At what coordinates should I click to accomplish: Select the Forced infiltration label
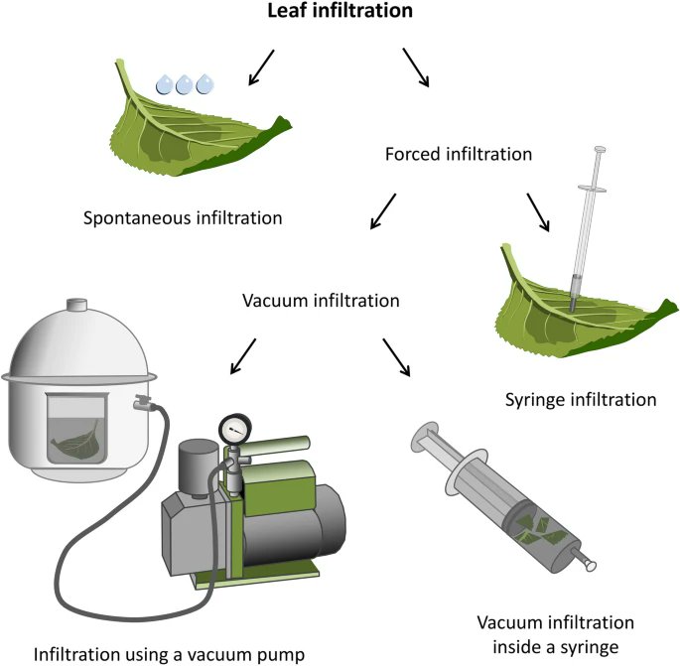click(x=458, y=155)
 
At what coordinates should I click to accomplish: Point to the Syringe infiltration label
click(x=580, y=400)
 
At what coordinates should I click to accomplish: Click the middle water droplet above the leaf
click(x=184, y=84)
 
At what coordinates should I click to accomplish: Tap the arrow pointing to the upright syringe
click(x=539, y=210)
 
